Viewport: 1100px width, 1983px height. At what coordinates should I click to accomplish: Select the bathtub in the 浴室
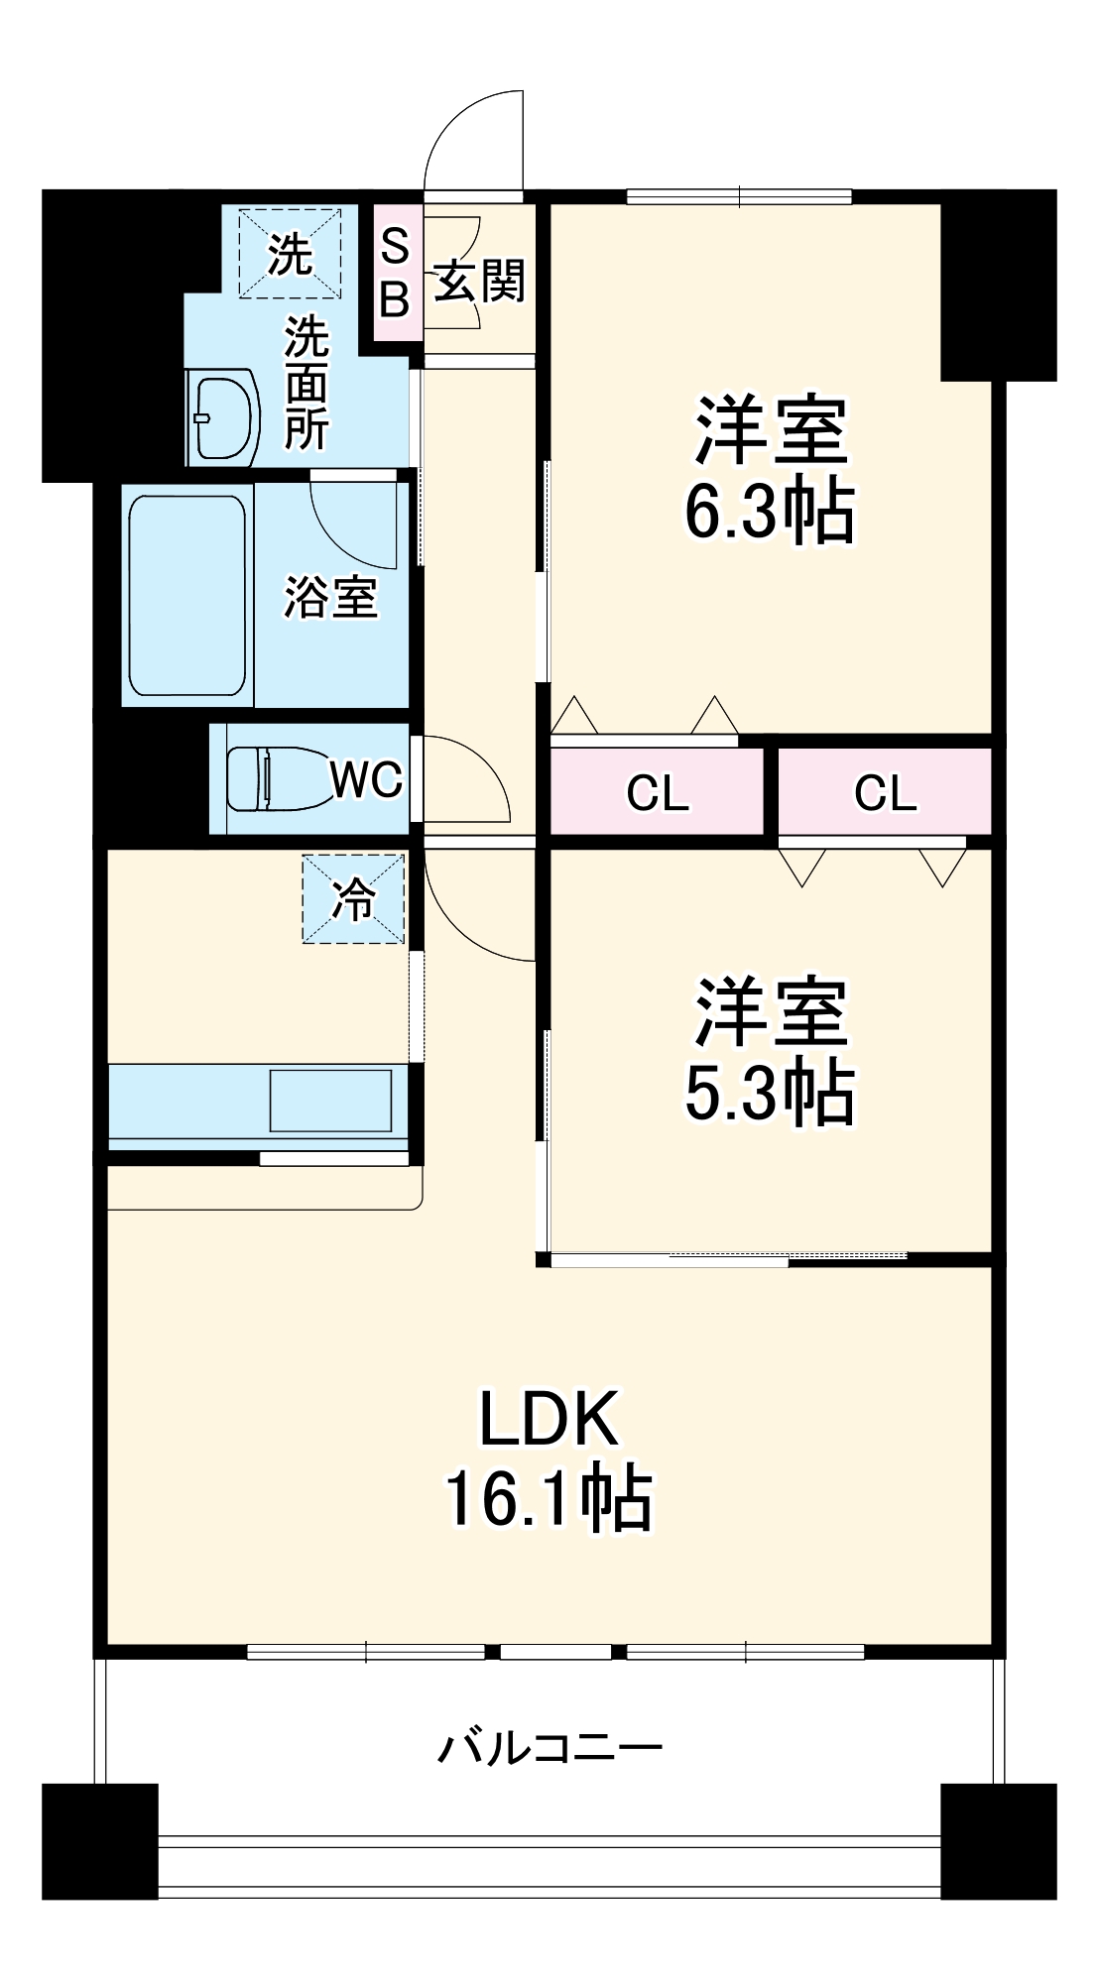click(186, 595)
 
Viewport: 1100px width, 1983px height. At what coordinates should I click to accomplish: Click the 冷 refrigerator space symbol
click(353, 899)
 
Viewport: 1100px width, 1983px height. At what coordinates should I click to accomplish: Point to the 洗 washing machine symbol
click(290, 254)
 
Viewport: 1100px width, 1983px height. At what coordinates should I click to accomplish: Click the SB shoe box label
click(395, 272)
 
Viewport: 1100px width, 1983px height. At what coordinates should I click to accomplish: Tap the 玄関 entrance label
click(480, 282)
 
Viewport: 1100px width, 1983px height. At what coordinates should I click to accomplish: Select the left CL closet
click(657, 792)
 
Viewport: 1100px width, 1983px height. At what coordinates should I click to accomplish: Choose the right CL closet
click(885, 792)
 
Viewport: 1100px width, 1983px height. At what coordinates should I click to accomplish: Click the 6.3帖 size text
click(770, 511)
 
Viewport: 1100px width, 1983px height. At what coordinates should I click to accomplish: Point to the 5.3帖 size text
click(770, 1093)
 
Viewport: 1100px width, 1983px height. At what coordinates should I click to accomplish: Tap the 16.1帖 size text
click(548, 1499)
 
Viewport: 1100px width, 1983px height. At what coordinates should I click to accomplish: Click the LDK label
click(549, 1419)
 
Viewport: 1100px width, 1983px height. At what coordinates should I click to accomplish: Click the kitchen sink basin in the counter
click(330, 1101)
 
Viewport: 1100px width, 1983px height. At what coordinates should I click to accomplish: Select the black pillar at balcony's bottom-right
click(997, 1841)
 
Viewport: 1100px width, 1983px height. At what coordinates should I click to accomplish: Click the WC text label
click(366, 780)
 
